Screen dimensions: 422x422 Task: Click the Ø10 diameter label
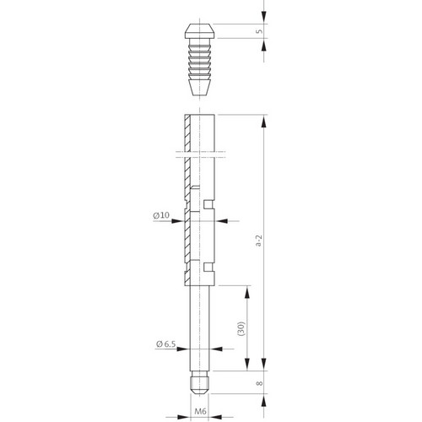click(161, 215)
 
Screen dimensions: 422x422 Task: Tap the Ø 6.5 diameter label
click(166, 344)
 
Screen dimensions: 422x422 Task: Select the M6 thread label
click(200, 411)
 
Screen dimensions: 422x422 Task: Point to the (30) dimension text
click(241, 328)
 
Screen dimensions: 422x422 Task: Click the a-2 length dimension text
click(259, 240)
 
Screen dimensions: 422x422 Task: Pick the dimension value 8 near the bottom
click(260, 383)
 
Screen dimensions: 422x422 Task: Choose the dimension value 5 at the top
click(259, 31)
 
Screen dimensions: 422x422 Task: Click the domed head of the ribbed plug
click(200, 31)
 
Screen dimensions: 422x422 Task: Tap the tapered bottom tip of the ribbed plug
click(200, 88)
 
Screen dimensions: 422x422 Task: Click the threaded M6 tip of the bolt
click(199, 382)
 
